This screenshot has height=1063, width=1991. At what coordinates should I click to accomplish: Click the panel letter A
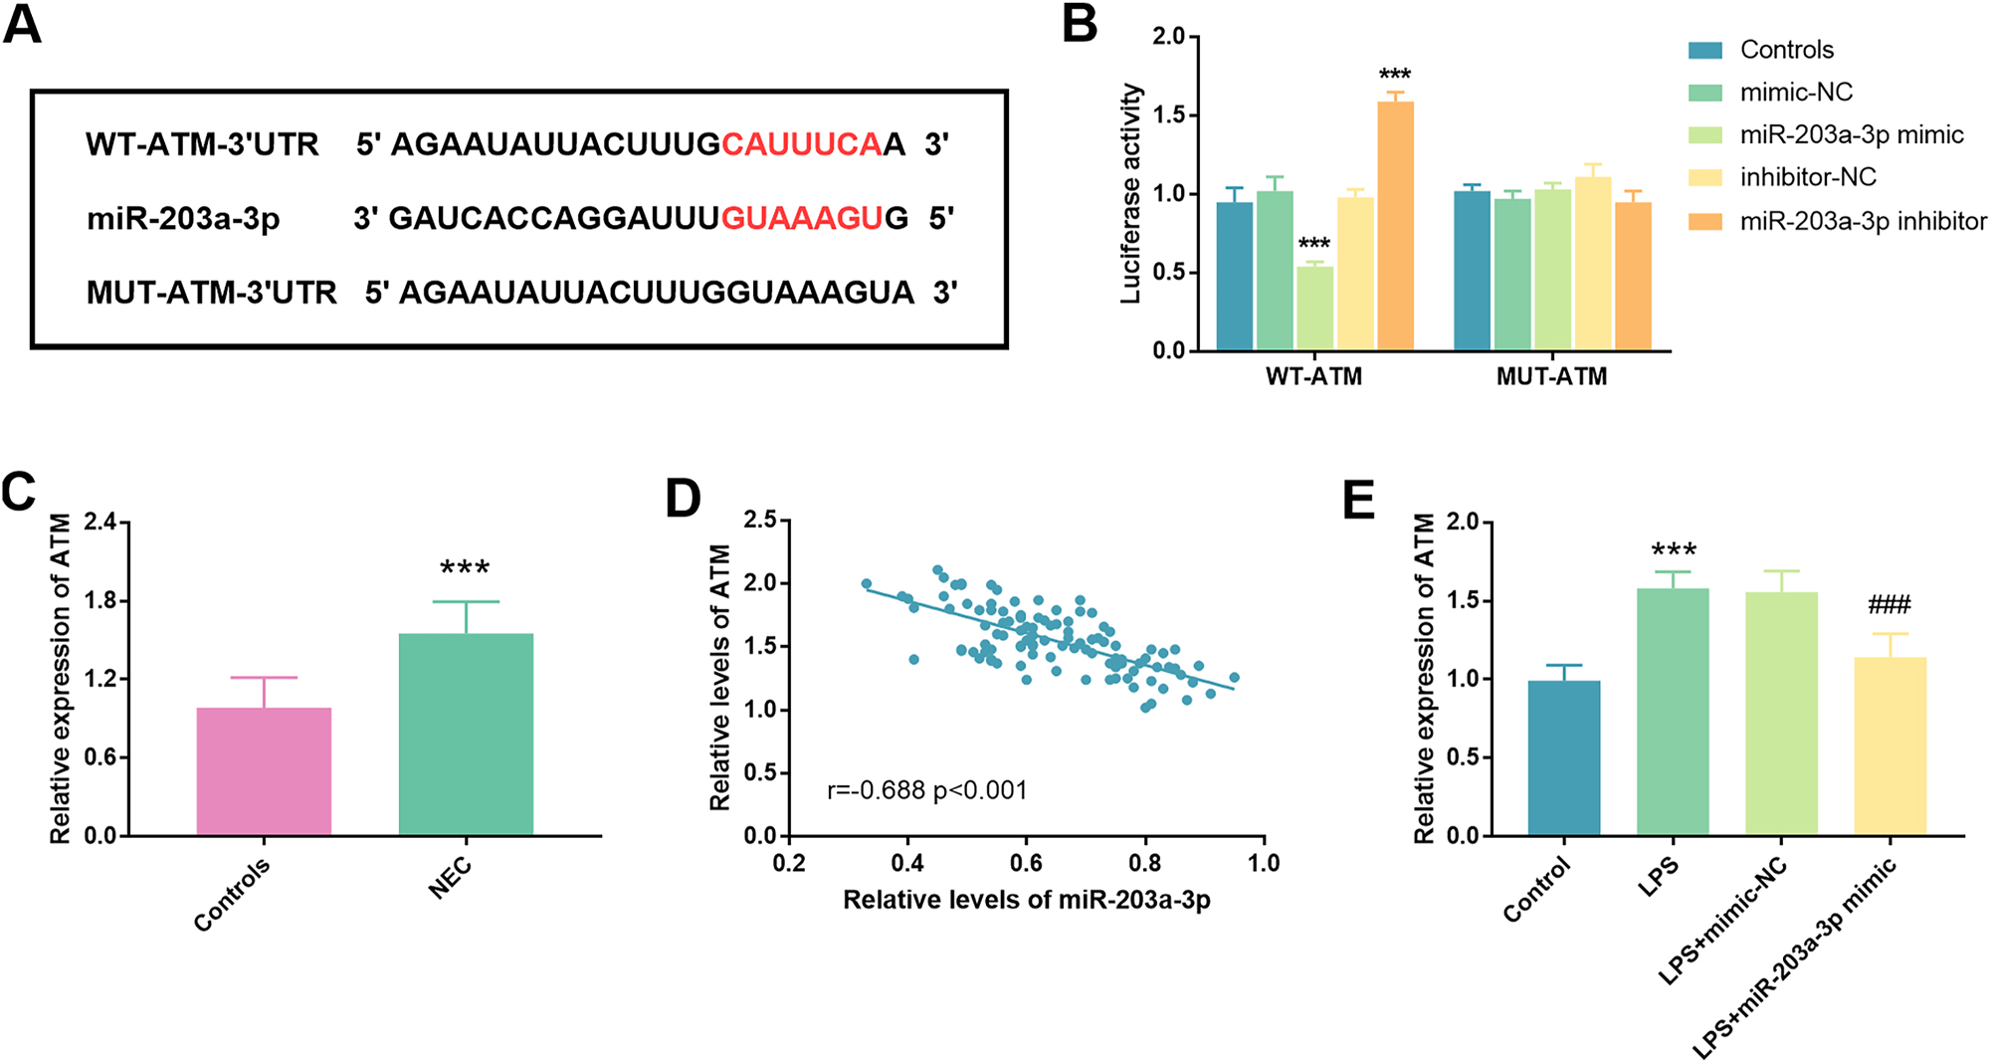click(x=22, y=25)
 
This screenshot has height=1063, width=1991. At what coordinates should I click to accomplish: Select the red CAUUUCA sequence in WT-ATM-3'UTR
click(x=801, y=145)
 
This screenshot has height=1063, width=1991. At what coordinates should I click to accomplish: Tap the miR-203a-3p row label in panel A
click(x=183, y=218)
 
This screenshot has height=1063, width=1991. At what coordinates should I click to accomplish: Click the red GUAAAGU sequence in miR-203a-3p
click(x=801, y=218)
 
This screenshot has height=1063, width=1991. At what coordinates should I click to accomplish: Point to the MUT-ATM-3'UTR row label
click(x=211, y=293)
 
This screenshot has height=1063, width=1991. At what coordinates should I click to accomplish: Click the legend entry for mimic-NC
click(x=1796, y=93)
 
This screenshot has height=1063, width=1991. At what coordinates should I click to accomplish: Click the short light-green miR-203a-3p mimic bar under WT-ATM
click(x=1314, y=309)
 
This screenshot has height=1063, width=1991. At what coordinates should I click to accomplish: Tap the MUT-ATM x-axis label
click(x=1551, y=377)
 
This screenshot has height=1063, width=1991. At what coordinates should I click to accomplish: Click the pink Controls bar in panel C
click(x=264, y=771)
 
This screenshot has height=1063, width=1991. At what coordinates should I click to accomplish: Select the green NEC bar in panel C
click(x=466, y=735)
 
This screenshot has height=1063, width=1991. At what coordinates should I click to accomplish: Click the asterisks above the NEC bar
click(x=465, y=568)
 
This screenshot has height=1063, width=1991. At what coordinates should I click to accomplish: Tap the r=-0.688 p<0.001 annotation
click(x=926, y=791)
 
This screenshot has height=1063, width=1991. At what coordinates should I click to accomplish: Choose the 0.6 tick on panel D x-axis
click(x=1026, y=863)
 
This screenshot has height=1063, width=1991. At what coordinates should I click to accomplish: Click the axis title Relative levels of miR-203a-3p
click(x=1026, y=901)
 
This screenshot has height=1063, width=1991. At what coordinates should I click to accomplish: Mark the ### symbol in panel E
click(x=1890, y=604)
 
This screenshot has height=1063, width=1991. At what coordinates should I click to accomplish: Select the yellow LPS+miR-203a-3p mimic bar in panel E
click(x=1890, y=746)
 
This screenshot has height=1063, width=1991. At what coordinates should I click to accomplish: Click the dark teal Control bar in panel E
click(x=1564, y=758)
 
